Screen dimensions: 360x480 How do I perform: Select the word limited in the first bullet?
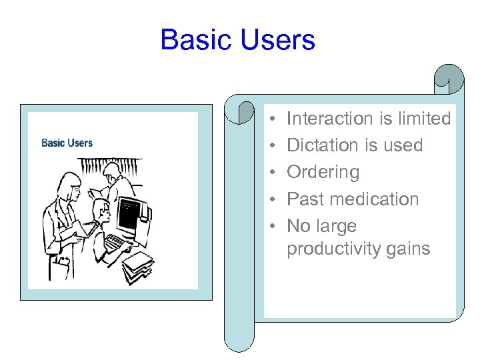423,119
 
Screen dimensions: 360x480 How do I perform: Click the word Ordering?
323,172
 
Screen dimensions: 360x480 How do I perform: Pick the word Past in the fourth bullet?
303,199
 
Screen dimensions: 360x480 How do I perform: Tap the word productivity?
333,249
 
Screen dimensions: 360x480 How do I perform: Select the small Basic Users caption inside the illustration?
67,143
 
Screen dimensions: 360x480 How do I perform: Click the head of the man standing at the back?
113,170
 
